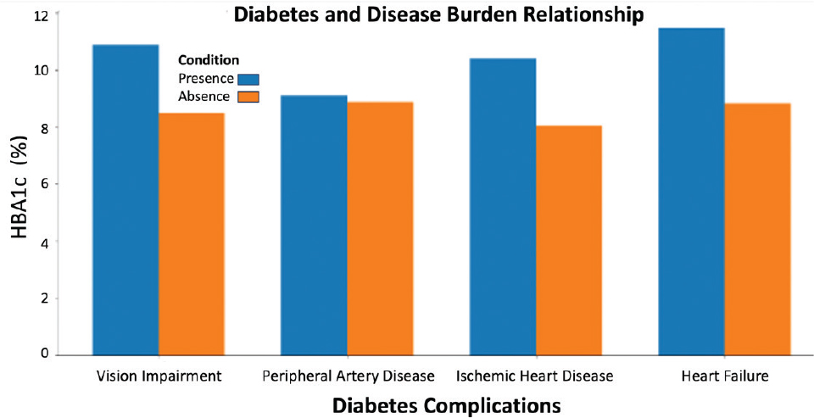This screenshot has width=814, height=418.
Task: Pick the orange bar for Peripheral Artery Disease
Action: click(380, 228)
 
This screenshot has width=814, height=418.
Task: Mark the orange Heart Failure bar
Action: click(757, 229)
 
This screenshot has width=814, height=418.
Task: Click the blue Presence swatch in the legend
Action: click(248, 79)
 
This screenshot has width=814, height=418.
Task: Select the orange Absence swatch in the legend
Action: click(248, 97)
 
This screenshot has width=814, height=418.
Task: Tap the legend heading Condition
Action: click(208, 61)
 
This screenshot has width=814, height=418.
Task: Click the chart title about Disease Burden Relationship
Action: click(438, 14)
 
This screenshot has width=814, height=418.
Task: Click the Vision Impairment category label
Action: click(159, 375)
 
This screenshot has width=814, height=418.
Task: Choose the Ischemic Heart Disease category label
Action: click(534, 375)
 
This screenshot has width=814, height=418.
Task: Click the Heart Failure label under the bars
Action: click(723, 375)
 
